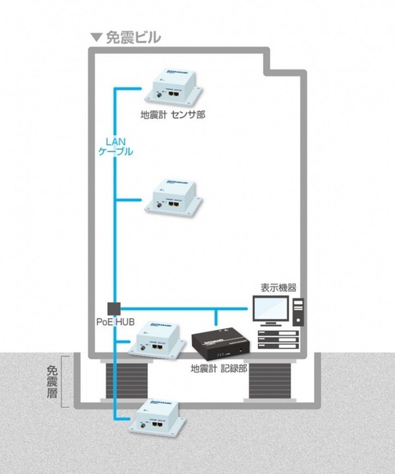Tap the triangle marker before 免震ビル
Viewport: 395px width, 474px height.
coord(97,37)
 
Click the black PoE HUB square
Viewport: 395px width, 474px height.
coord(114,308)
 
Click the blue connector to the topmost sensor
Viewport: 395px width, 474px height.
coord(128,89)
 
